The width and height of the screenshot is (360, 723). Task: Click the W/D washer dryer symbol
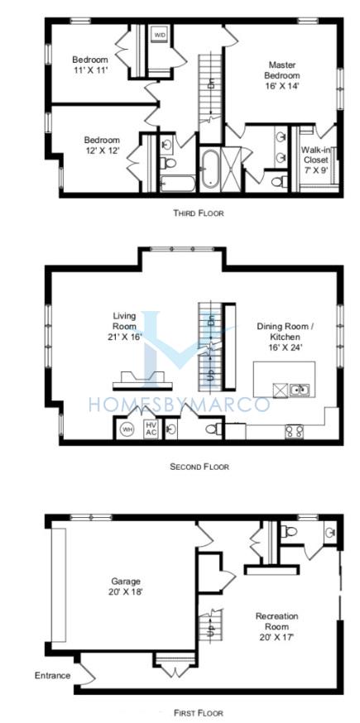159,35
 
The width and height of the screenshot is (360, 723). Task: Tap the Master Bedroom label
283,69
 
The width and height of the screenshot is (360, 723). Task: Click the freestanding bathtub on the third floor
209,169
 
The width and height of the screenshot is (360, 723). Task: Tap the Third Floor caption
199,213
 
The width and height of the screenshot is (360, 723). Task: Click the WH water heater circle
127,429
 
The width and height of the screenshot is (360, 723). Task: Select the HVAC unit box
151,429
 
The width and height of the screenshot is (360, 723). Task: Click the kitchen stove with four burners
294,431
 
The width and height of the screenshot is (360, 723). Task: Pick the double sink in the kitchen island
300,390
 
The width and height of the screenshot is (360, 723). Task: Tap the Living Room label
125,327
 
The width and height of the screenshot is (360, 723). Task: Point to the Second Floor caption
199,467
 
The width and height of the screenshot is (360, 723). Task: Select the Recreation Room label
277,626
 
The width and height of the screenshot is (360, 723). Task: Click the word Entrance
53,676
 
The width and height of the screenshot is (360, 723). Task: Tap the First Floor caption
199,713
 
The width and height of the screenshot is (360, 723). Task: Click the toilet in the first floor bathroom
289,531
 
